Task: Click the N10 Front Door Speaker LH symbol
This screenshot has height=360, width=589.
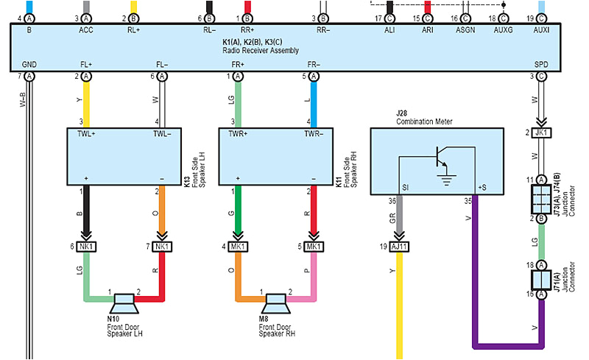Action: pos(124,301)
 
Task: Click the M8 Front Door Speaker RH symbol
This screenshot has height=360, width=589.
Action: pos(276,301)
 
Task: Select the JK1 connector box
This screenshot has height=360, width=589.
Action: pos(541,133)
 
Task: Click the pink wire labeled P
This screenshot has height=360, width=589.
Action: pos(314,272)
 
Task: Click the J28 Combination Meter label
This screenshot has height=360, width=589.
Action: pos(424,118)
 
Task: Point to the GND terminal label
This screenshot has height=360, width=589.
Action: pos(29,65)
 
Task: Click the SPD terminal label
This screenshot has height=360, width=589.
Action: pos(541,65)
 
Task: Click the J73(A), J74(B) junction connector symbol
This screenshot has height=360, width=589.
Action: pos(541,199)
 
